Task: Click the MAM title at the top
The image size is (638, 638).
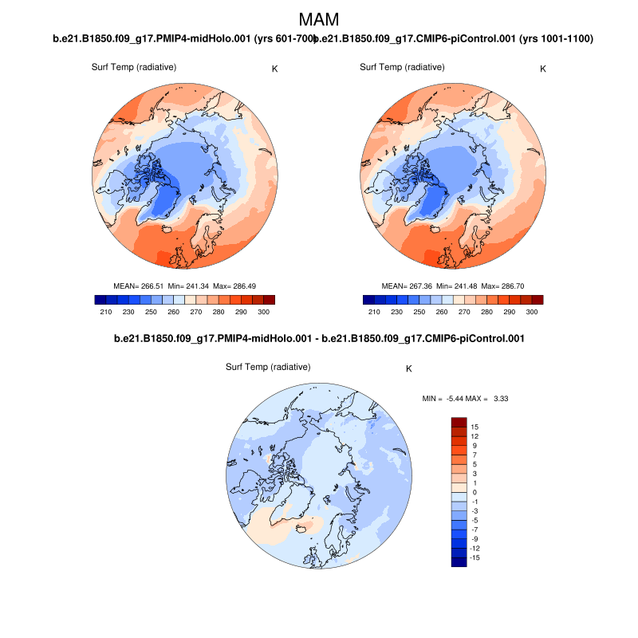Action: [319, 19]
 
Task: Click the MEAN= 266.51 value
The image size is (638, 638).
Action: [140, 286]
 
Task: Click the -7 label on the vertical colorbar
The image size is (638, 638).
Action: [476, 530]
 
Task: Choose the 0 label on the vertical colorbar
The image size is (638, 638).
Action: [475, 492]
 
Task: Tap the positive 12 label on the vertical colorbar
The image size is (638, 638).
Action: [476, 436]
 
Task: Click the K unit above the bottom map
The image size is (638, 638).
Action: [409, 369]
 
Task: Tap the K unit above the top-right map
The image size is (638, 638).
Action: [543, 69]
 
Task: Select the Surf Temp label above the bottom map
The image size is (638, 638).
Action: [268, 367]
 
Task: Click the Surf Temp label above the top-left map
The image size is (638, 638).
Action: [134, 67]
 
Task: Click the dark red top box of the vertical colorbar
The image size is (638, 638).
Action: [459, 422]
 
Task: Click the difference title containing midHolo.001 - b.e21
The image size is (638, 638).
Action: [319, 339]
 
